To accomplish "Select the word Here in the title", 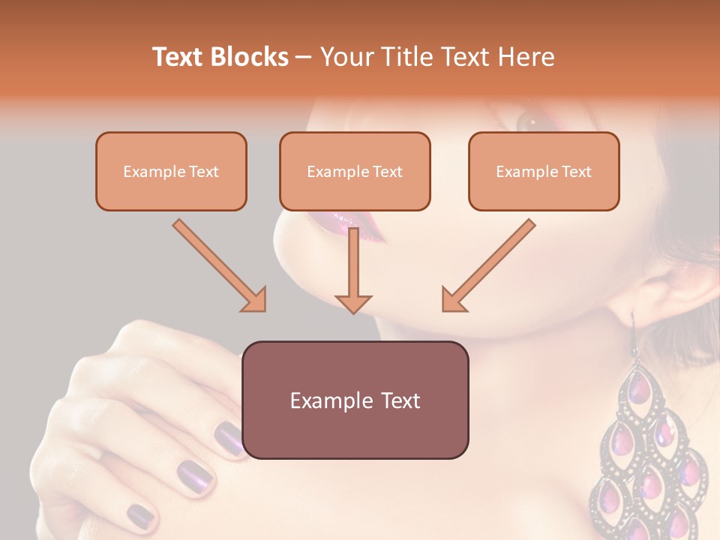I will click(524, 57).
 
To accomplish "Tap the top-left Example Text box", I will click(171, 171).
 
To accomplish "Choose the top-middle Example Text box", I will click(355, 171).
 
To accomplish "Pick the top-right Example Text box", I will click(544, 171).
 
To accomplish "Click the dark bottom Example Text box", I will click(355, 400).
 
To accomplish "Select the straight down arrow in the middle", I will click(353, 270).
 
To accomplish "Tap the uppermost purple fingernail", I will click(229, 438).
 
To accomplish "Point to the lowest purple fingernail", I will click(141, 515).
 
